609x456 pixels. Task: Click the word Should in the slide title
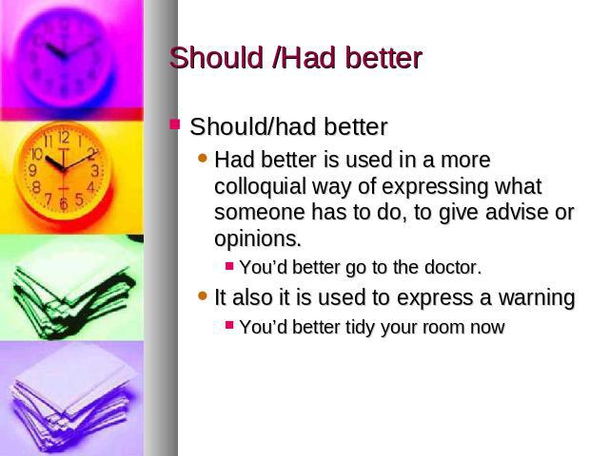pyautogui.click(x=216, y=58)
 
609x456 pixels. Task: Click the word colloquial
pyautogui.click(x=260, y=186)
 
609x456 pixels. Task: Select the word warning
pyautogui.click(x=537, y=297)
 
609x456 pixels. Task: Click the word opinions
pyautogui.click(x=258, y=238)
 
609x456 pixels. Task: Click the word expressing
pyautogui.click(x=435, y=187)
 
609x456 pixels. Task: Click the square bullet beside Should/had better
pyautogui.click(x=175, y=124)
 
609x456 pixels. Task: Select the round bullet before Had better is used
pyautogui.click(x=203, y=158)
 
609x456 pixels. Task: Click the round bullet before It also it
pyautogui.click(x=203, y=295)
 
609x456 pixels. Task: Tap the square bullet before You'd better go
pyautogui.click(x=229, y=266)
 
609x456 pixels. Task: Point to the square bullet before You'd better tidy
pyautogui.click(x=229, y=325)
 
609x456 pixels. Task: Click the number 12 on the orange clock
pyautogui.click(x=64, y=137)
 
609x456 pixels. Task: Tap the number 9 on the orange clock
pyautogui.click(x=32, y=170)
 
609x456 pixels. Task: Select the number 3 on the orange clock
pyautogui.click(x=95, y=171)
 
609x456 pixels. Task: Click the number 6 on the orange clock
pyautogui.click(x=64, y=203)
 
